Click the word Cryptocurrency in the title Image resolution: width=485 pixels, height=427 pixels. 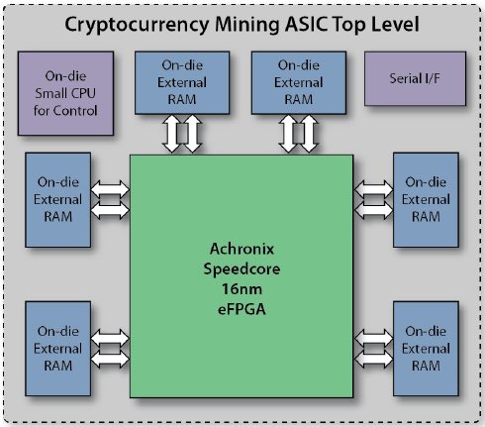pos(137,25)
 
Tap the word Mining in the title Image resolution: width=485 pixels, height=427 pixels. pos(247,25)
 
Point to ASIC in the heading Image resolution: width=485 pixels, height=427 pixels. pos(306,24)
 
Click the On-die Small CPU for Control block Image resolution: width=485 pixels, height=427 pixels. pos(65,93)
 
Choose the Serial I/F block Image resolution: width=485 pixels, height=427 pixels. pos(415,78)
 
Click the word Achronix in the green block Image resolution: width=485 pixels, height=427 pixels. pos(242,249)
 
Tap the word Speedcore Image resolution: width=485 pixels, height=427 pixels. pos(242,269)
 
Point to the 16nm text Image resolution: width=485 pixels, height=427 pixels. pos(242,289)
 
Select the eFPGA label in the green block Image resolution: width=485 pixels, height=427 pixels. pos(242,309)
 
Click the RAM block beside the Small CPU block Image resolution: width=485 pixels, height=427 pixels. pos(182,82)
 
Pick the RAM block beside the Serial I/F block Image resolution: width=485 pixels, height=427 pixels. pos(299,82)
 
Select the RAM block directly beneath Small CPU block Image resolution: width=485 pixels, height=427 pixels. pos(58,199)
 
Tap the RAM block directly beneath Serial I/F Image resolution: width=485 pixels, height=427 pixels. pos(426,199)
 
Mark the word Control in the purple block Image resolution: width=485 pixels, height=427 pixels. pos(75,111)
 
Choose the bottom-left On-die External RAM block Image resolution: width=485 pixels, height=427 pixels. pos(58,349)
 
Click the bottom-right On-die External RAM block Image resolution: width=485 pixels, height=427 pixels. pos(426,349)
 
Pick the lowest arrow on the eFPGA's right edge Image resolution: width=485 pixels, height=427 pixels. pos(373,359)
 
